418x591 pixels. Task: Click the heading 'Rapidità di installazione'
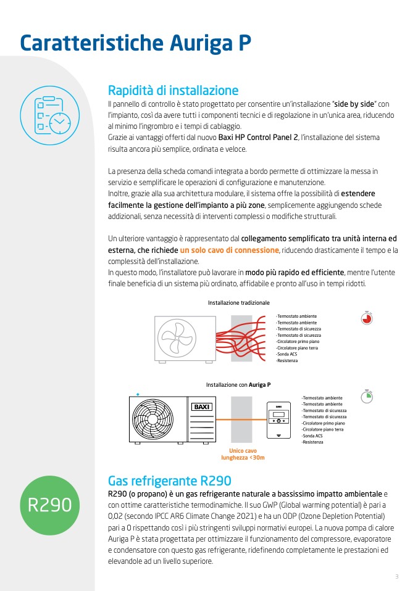173,90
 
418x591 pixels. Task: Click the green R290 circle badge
49,505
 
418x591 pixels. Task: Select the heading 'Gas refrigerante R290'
169,481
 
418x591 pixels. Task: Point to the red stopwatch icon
367,318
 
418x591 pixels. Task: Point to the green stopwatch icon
367,396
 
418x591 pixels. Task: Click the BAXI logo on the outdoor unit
203,407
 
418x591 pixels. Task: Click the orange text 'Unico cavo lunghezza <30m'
243,454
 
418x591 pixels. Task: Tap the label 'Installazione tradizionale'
239,303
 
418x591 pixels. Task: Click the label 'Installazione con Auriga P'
238,385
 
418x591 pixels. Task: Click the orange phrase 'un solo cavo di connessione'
230,250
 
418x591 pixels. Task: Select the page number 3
397,577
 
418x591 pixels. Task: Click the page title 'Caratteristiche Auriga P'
135,43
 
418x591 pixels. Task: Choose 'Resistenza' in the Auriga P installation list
313,442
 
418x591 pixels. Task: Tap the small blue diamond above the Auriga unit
138,394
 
